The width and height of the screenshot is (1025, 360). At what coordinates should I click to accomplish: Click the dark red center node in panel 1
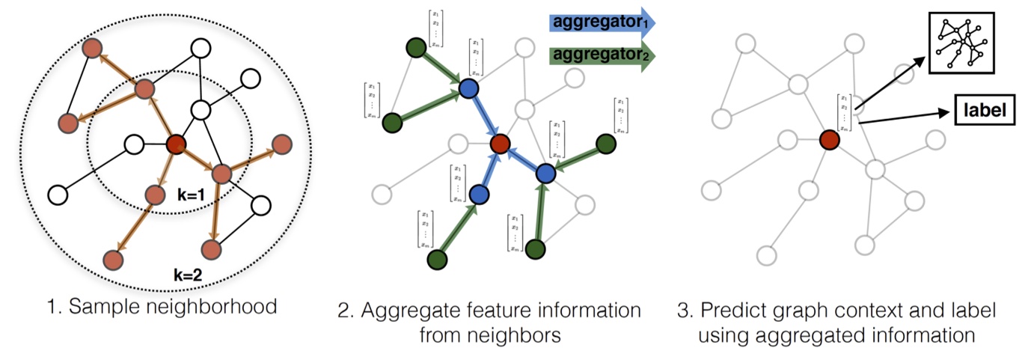click(x=176, y=144)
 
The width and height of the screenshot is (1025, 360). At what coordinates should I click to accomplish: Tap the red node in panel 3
click(x=828, y=140)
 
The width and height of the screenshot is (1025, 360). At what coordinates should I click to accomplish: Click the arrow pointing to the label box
click(x=905, y=118)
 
